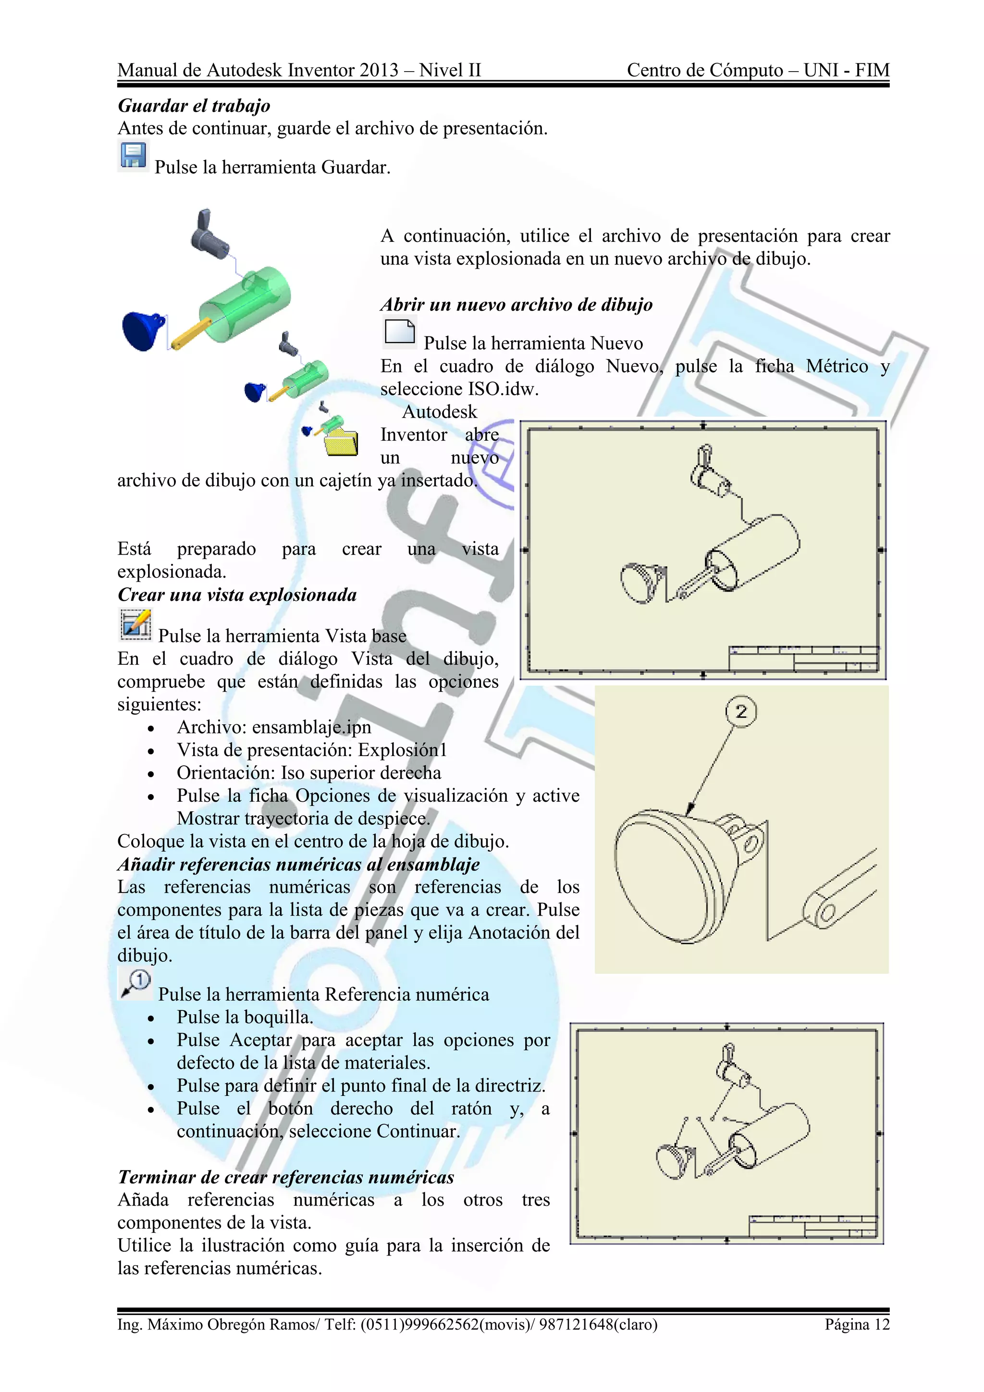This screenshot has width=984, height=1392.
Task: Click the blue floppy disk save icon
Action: click(133, 156)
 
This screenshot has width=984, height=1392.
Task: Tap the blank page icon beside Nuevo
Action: click(399, 332)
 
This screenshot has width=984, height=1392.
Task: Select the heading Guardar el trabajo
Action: click(194, 106)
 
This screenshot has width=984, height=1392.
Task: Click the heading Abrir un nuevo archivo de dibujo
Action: click(516, 304)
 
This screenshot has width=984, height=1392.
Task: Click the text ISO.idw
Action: click(503, 389)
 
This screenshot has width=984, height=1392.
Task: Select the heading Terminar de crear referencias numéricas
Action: click(285, 1177)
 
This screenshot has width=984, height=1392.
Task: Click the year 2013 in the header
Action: click(378, 70)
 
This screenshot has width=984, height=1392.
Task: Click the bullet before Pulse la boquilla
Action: click(151, 1019)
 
